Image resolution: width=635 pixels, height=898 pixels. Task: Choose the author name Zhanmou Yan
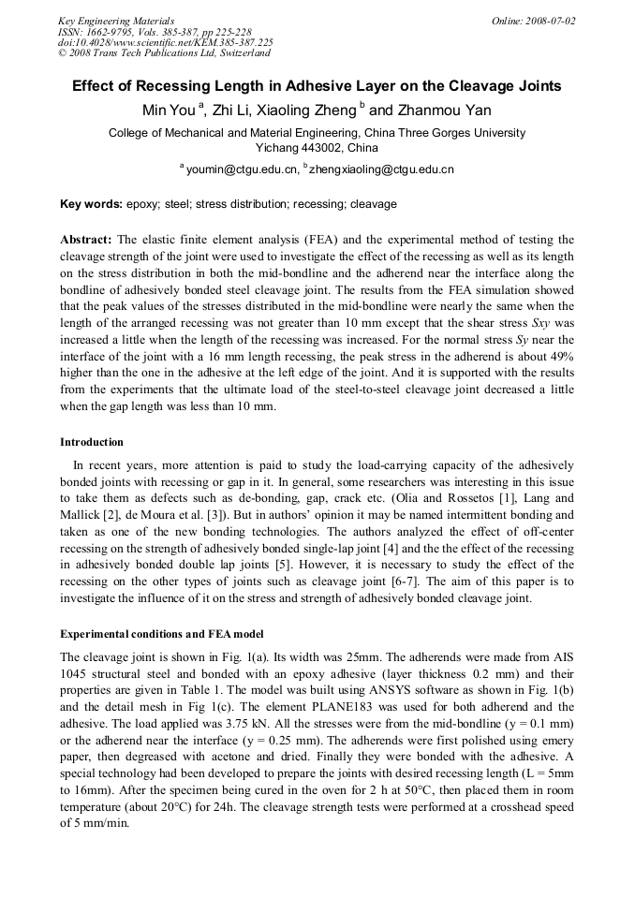pyautogui.click(x=450, y=110)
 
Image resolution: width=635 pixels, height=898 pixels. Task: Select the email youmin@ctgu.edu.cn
pyautogui.click(x=242, y=169)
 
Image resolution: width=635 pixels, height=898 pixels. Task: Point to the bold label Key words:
pyautogui.click(x=91, y=203)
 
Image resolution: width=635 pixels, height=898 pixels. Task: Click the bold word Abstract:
pyautogui.click(x=86, y=240)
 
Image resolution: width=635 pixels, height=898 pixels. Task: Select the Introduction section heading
pyautogui.click(x=92, y=441)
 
